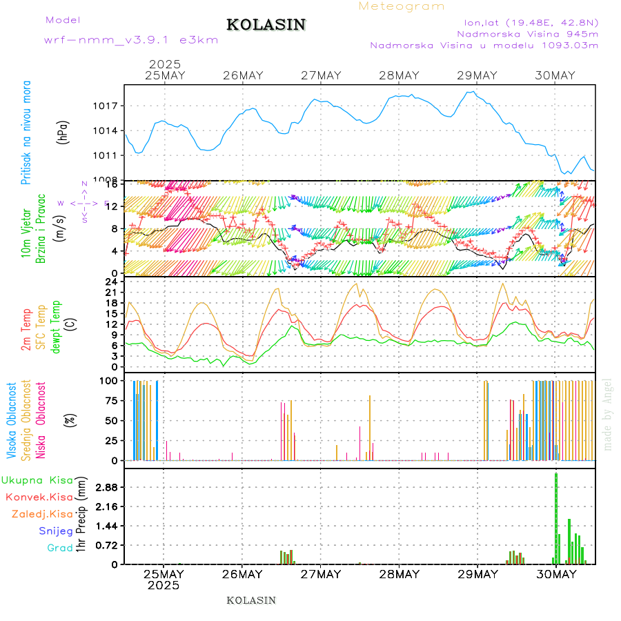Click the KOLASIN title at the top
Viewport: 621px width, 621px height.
(266, 25)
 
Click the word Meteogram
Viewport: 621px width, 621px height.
(402, 6)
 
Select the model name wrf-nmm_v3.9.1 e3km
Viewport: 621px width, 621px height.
(131, 40)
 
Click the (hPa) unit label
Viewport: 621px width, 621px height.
(63, 132)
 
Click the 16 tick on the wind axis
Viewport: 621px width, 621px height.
(112, 186)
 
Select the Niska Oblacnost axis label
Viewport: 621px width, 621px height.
(41, 420)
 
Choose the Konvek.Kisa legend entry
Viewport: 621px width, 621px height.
(39, 497)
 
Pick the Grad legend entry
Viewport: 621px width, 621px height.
(59, 548)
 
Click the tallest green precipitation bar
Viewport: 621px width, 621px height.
(556, 517)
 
